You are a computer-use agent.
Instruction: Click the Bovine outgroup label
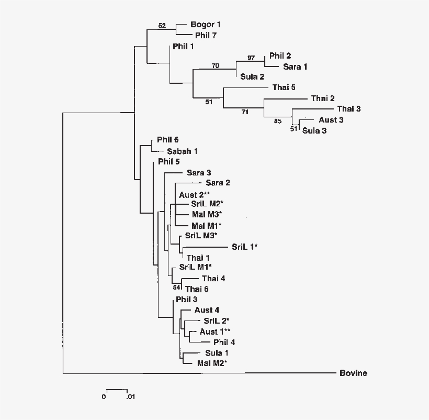(x=353, y=373)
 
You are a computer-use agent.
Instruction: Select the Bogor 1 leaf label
(x=206, y=25)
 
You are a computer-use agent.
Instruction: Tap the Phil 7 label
(x=206, y=36)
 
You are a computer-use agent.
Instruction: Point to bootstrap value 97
(x=251, y=57)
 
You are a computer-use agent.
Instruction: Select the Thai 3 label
(x=349, y=108)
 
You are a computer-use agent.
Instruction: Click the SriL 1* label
(x=245, y=246)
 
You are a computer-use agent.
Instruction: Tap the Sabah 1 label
(x=182, y=151)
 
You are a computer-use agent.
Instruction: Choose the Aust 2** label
(x=194, y=194)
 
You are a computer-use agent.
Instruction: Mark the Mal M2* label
(x=211, y=363)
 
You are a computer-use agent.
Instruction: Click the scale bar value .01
(x=130, y=397)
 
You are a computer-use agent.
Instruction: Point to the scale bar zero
(x=104, y=397)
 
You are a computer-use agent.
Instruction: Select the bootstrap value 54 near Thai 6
(x=176, y=288)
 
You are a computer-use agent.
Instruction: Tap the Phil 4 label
(x=224, y=342)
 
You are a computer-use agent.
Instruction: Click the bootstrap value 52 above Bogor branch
(x=162, y=25)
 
